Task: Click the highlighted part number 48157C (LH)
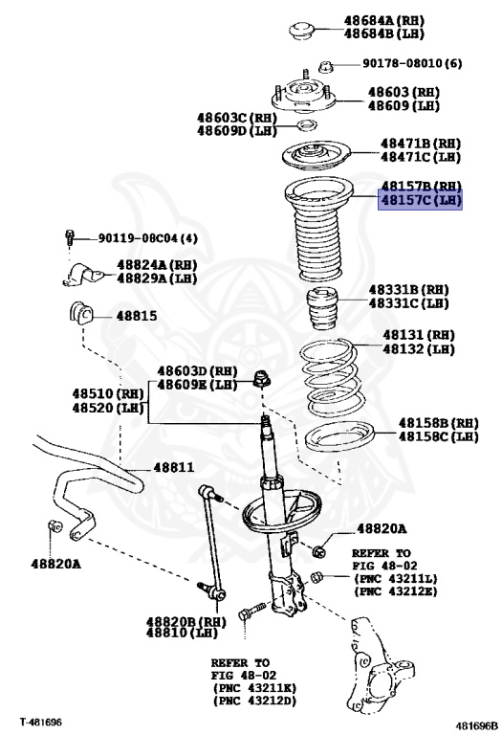coord(421,202)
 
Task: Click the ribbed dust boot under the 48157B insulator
coord(318,239)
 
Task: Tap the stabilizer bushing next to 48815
coord(82,313)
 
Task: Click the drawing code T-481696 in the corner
coord(41,721)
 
